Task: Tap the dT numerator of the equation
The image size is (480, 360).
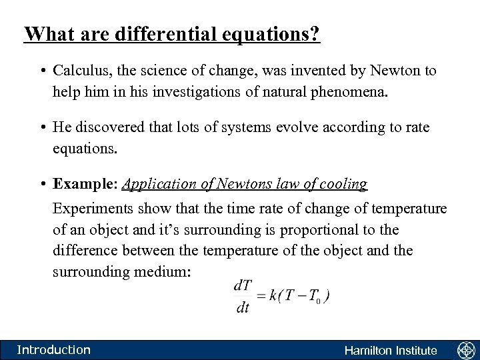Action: (243, 285)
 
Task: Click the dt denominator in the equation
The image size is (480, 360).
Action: (243, 308)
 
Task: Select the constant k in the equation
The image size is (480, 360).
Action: (273, 295)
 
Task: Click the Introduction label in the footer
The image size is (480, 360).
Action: (53, 350)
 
